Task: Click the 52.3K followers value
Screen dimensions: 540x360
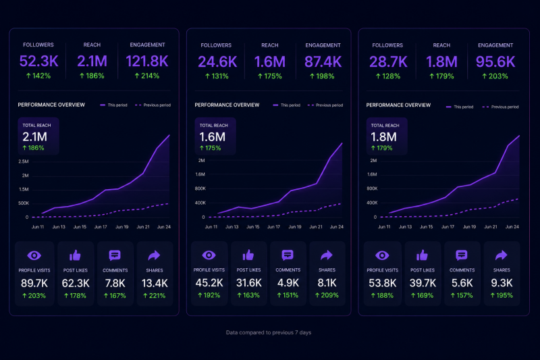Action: (x=39, y=61)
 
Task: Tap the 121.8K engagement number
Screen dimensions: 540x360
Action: (x=147, y=61)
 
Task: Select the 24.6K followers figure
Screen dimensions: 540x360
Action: (x=217, y=62)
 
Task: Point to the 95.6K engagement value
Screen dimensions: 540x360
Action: (x=495, y=62)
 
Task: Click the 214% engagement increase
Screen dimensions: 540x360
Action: (x=147, y=76)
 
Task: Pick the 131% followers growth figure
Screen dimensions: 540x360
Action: (x=217, y=76)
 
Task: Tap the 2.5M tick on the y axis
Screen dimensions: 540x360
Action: (x=24, y=161)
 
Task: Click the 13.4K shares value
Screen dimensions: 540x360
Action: (x=155, y=283)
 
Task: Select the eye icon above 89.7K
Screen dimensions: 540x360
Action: (x=34, y=255)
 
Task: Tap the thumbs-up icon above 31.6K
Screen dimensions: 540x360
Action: (x=248, y=255)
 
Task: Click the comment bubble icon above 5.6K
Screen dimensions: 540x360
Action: (x=462, y=255)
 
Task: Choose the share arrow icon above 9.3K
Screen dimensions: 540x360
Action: (x=501, y=255)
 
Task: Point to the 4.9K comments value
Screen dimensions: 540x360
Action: (x=288, y=283)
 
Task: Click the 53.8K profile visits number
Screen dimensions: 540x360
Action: (x=382, y=283)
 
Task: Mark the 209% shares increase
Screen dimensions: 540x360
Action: (x=327, y=295)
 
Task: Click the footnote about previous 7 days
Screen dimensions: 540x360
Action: (x=269, y=332)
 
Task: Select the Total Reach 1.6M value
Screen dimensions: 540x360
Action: (x=212, y=137)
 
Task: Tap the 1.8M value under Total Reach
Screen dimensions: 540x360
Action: (x=383, y=137)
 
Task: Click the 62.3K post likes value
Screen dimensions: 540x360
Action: (x=76, y=283)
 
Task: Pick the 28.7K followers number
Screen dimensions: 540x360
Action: (x=388, y=62)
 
